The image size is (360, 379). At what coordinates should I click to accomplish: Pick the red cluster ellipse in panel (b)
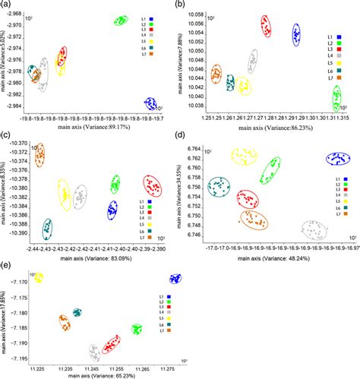[x=266, y=27]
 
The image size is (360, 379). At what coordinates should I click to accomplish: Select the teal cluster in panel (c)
[x=47, y=227]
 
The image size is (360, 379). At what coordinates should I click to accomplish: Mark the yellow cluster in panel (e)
[x=36, y=279]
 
